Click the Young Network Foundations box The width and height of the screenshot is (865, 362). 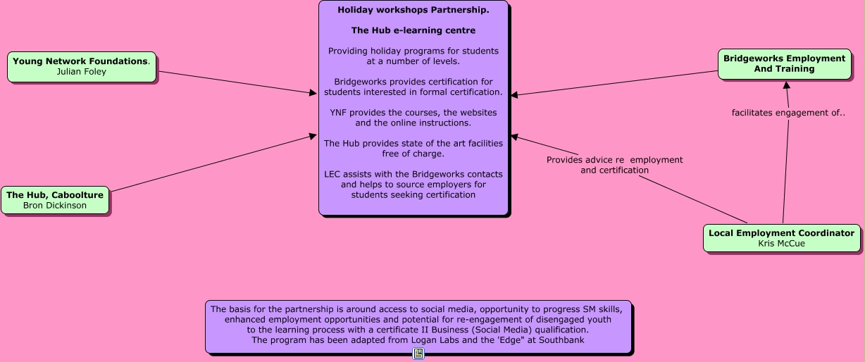(81, 67)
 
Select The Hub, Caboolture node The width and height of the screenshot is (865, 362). (55, 200)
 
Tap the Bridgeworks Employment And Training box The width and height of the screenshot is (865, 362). (784, 63)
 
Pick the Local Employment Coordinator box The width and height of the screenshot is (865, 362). (781, 238)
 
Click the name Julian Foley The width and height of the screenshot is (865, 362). (81, 72)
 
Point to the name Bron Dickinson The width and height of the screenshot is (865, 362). (55, 206)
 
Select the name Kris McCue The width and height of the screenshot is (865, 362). (781, 244)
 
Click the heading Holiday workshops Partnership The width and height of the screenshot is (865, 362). (413, 10)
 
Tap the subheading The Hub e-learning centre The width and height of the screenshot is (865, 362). (413, 30)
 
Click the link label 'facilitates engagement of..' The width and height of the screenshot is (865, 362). (788, 113)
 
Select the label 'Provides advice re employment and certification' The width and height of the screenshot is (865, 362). (614, 165)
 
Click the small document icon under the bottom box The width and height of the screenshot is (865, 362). (418, 354)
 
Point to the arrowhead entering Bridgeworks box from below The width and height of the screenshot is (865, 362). (787, 85)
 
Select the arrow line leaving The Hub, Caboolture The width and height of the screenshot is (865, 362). (211, 163)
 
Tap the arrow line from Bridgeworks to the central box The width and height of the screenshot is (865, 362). (613, 83)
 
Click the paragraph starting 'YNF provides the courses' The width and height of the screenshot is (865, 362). (413, 118)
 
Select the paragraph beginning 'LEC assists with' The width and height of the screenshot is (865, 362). (413, 185)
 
